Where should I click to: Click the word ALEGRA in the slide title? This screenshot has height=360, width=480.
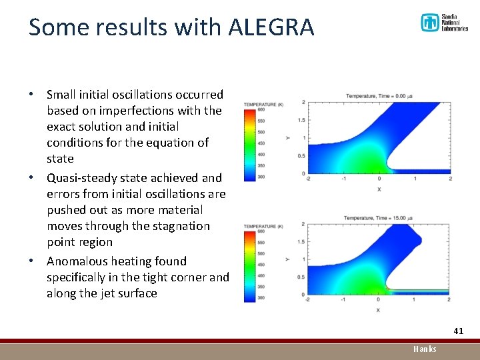click(271, 27)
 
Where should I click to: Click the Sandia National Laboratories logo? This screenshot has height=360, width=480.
click(444, 23)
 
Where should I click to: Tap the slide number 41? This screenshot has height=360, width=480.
click(458, 331)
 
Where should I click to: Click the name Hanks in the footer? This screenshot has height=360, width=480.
click(425, 349)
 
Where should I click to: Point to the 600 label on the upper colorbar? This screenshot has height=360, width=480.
click(261, 110)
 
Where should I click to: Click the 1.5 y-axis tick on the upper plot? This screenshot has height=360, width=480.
click(301, 120)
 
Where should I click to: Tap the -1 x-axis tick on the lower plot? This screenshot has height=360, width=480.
click(343, 300)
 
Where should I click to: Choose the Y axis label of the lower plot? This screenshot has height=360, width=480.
click(287, 259)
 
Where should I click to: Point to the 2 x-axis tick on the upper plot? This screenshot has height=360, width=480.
click(451, 179)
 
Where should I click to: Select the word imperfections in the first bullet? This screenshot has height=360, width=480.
click(126, 111)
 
